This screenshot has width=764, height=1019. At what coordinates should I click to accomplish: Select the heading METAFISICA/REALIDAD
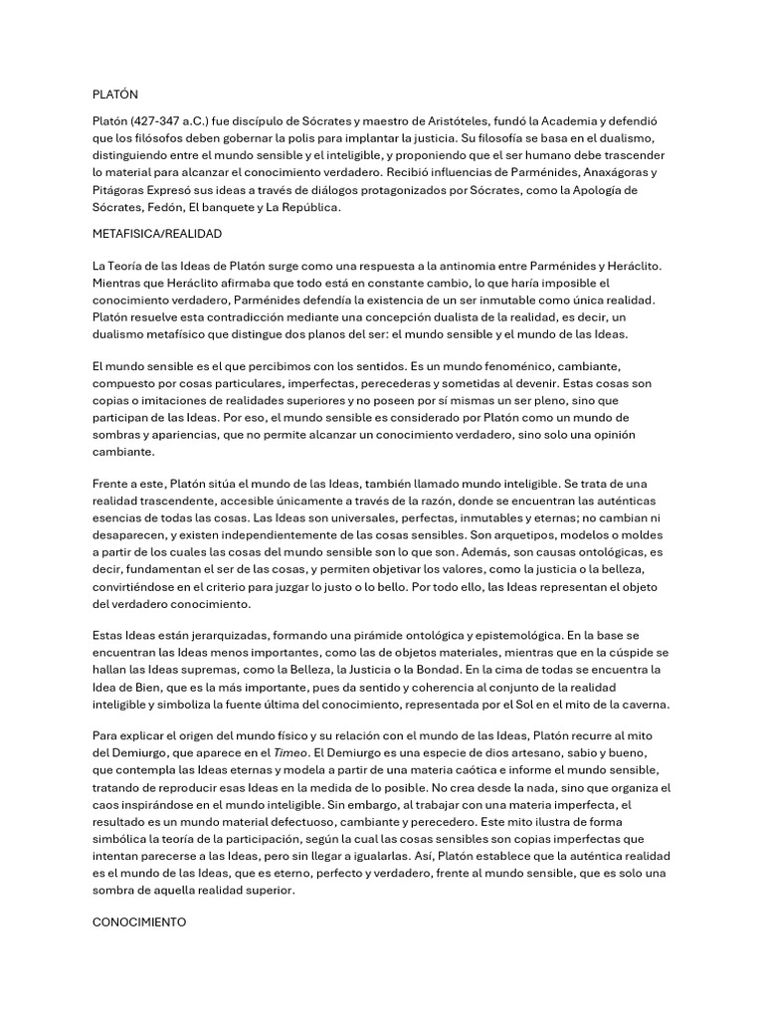156,233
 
